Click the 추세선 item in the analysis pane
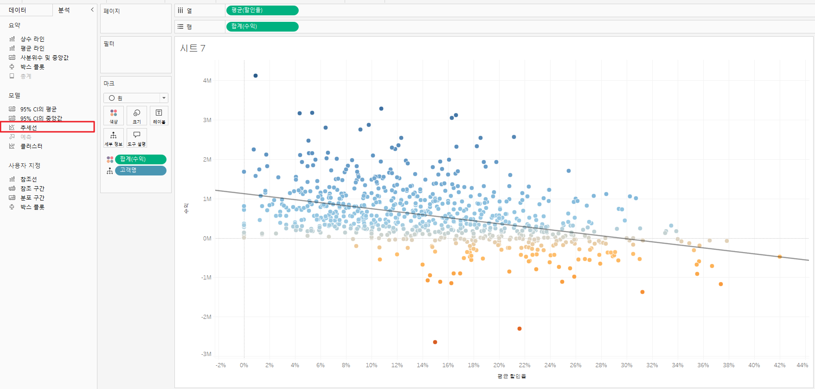point(28,128)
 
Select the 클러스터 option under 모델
point(31,146)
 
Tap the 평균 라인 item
point(32,48)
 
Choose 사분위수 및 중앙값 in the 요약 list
point(44,58)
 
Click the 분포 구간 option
point(32,198)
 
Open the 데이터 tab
point(18,10)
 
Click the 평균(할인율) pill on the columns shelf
point(262,10)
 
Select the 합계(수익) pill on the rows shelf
point(262,26)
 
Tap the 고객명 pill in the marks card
point(140,170)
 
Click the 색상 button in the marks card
point(114,116)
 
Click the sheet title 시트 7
point(193,48)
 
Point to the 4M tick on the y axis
point(207,81)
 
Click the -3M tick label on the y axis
point(206,354)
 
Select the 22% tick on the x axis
point(524,365)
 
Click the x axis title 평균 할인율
point(512,376)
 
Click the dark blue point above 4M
point(256,76)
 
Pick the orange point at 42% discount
point(780,257)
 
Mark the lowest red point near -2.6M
point(435,342)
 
